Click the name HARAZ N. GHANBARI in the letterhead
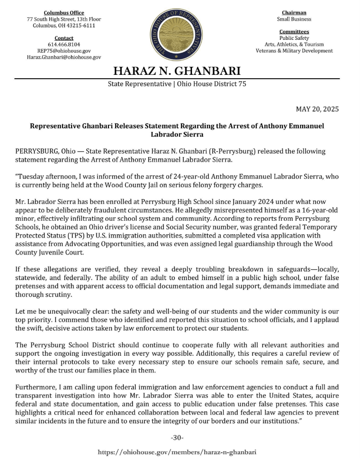tap(177, 72)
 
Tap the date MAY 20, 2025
tap(316, 109)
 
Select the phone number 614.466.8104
tap(64, 44)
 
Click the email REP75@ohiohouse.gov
tap(64, 50)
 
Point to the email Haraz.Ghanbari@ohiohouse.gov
tap(64, 57)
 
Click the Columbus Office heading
tap(64, 12)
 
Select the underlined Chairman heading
tap(294, 12)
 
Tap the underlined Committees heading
tap(294, 32)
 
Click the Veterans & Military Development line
tap(294, 50)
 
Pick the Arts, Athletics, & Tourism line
tap(294, 44)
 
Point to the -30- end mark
tap(177, 438)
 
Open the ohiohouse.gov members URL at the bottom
tap(177, 452)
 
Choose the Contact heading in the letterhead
tap(64, 38)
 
